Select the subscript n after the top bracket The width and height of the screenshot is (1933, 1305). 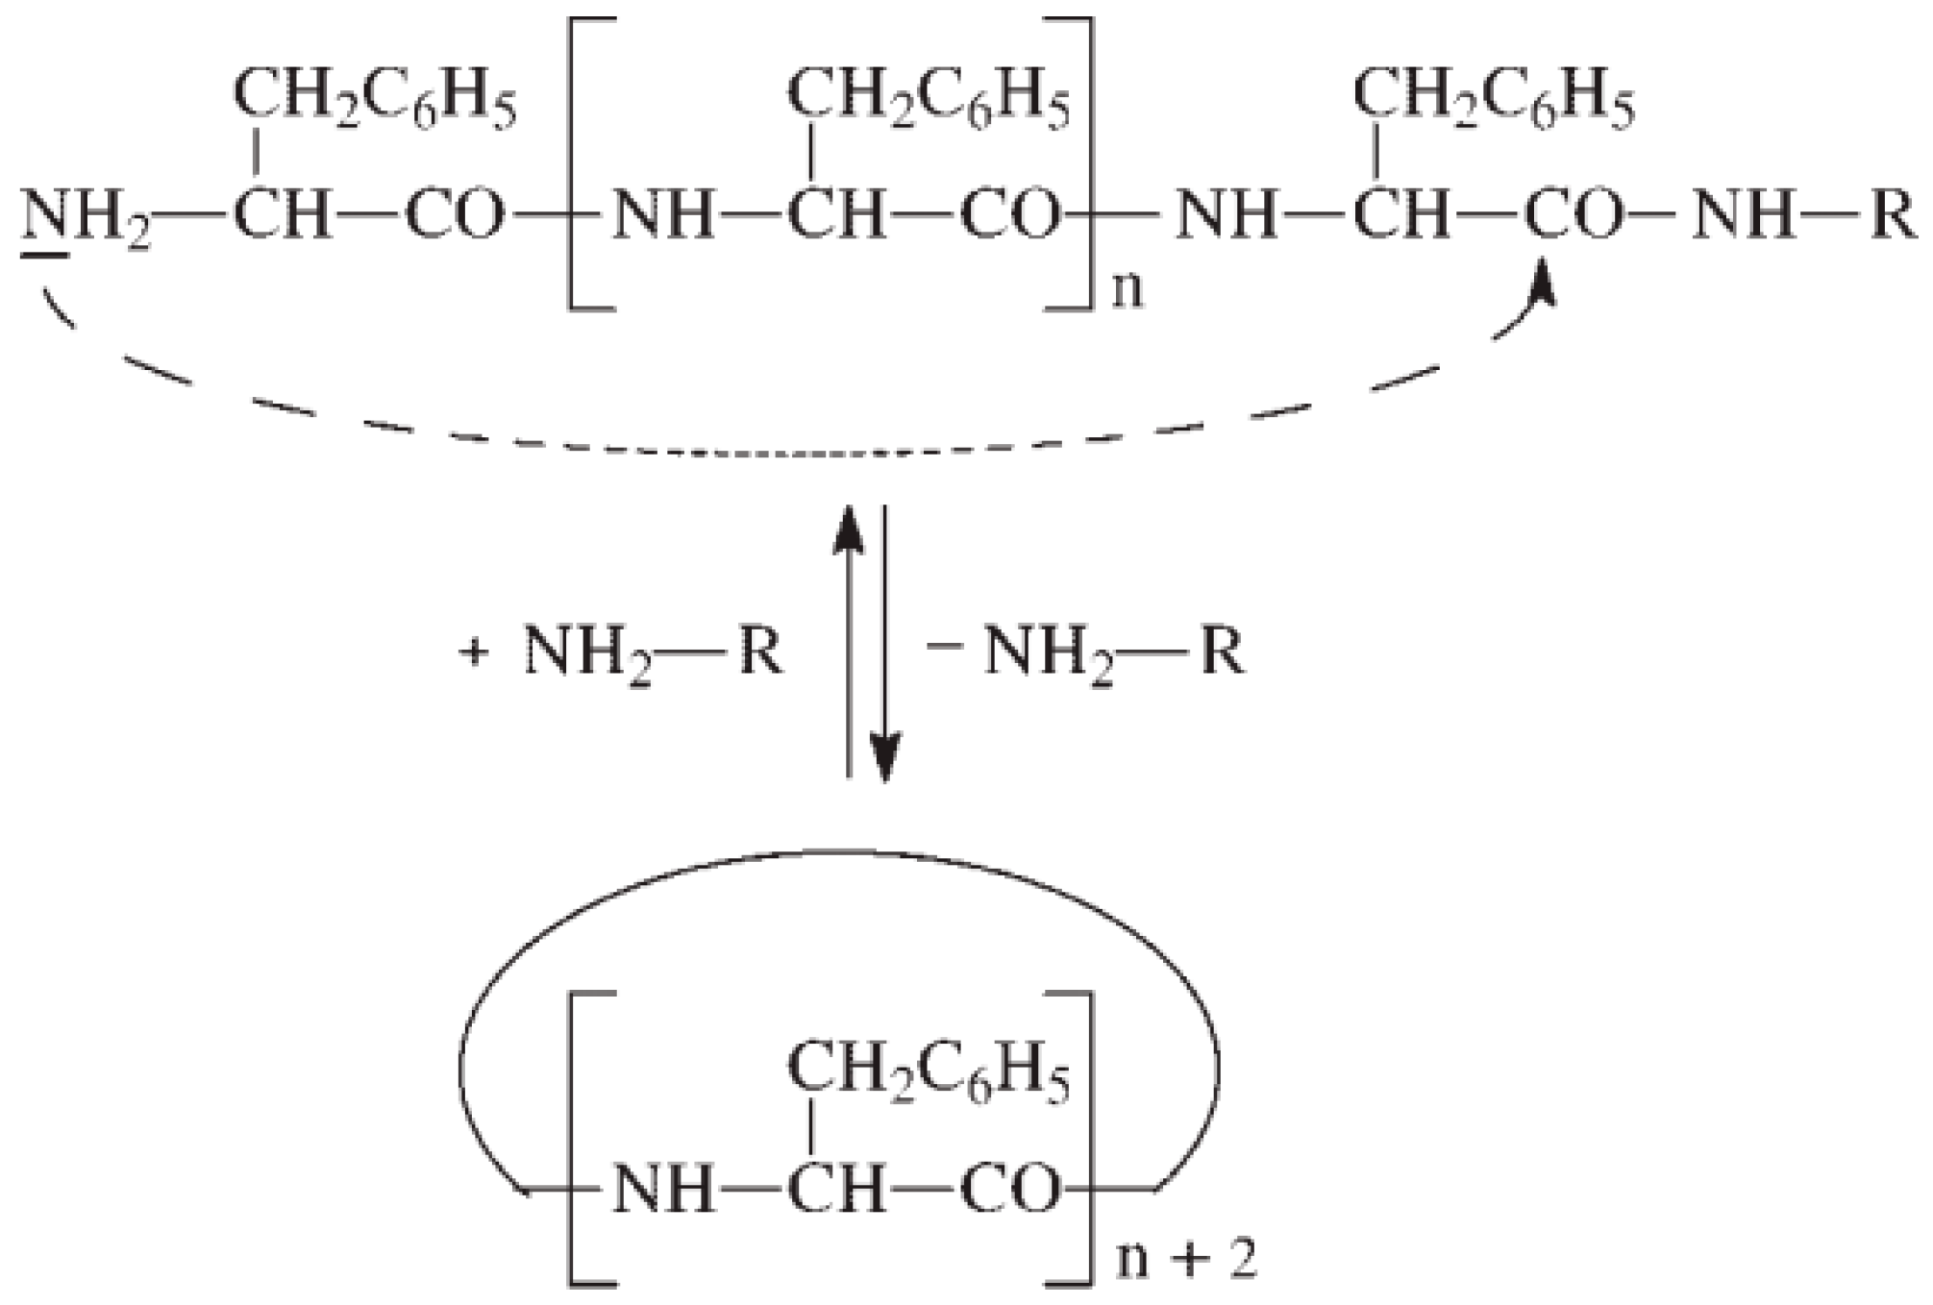click(1128, 289)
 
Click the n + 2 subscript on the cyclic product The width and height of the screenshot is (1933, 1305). click(1185, 1259)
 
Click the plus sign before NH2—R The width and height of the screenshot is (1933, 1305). click(473, 653)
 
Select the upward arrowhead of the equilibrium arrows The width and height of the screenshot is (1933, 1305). click(848, 529)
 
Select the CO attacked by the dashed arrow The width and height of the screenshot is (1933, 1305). click(1573, 215)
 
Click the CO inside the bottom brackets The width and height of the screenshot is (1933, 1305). click(1009, 1189)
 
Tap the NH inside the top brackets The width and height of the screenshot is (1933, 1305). click(663, 215)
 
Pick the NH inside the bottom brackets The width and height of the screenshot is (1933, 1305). click(663, 1189)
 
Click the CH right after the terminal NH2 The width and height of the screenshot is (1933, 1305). click(281, 215)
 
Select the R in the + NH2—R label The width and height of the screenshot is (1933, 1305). click(760, 653)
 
